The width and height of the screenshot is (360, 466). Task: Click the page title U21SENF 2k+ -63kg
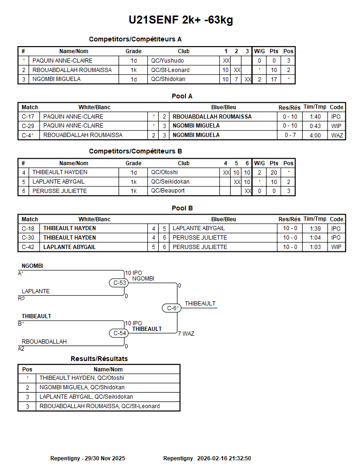point(181,20)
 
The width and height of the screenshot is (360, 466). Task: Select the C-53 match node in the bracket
point(120,283)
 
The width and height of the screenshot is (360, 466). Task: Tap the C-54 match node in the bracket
point(120,333)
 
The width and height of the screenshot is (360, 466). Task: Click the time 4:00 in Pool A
point(315,135)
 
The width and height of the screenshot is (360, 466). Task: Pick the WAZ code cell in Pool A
point(337,135)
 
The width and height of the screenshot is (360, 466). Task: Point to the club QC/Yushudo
point(168,61)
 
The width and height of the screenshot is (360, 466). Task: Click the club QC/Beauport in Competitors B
point(168,191)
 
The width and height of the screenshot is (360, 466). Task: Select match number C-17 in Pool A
point(28,117)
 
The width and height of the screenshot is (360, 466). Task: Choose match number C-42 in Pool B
point(28,247)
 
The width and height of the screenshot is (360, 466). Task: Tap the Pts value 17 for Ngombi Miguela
point(274,80)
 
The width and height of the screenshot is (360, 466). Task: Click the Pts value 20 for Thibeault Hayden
point(274,173)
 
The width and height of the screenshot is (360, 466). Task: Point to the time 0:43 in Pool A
point(315,126)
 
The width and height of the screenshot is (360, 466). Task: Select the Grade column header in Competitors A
point(133,51)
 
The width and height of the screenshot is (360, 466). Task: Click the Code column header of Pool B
point(336,219)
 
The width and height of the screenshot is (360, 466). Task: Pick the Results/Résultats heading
point(99,359)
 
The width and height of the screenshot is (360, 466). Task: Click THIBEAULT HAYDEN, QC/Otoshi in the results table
point(82,378)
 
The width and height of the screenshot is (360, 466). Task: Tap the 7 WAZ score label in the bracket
point(186,334)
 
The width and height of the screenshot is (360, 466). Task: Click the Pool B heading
point(182,208)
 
